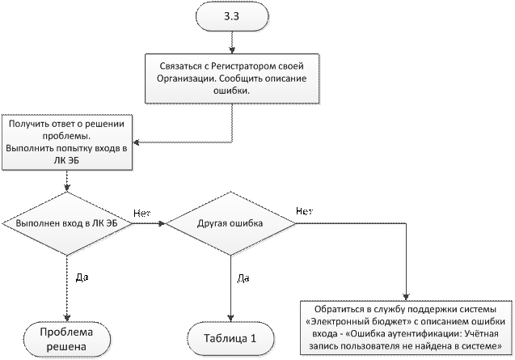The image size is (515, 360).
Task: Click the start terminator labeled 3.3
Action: [229, 16]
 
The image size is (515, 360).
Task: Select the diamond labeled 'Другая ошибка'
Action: [230, 223]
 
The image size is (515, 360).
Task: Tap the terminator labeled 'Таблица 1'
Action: [229, 338]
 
